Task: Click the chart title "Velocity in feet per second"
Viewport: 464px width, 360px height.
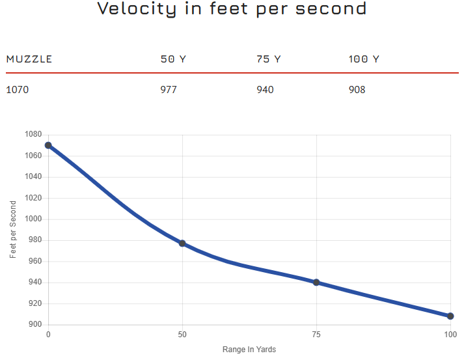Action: point(232,9)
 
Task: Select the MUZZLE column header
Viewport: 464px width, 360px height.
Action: point(29,59)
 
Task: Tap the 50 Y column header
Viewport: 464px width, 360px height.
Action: point(173,59)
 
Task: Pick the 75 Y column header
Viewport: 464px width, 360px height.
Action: point(269,59)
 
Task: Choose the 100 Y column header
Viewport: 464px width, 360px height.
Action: point(364,59)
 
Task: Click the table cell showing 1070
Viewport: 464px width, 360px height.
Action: point(18,89)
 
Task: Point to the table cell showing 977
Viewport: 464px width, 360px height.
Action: point(169,89)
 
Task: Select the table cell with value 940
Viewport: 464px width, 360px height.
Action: point(266,89)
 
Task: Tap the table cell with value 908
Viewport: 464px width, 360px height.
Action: point(357,89)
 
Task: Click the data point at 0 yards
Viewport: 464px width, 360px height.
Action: point(48,145)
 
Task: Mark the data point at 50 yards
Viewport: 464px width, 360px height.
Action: point(182,243)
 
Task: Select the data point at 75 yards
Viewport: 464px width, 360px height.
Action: point(316,283)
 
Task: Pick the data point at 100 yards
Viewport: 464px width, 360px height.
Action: point(450,316)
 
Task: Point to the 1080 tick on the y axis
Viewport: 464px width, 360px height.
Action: point(33,135)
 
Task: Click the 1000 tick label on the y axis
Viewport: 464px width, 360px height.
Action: point(33,219)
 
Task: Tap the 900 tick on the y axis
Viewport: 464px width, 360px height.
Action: point(35,325)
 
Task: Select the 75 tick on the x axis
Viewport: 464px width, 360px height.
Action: point(316,335)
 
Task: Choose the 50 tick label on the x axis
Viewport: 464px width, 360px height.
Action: point(182,335)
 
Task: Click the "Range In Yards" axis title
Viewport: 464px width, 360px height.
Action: point(249,350)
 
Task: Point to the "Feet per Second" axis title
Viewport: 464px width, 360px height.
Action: point(14,230)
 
